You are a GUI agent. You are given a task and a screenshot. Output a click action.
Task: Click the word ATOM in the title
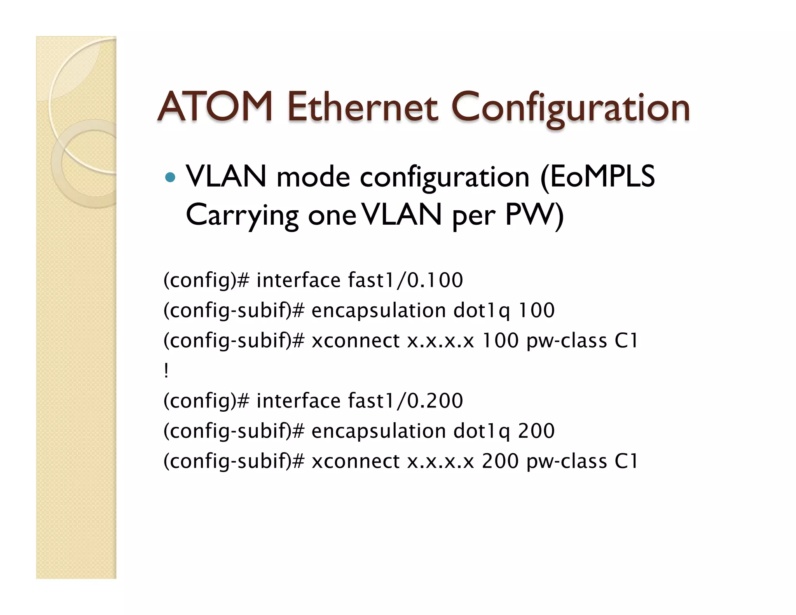pyautogui.click(x=215, y=107)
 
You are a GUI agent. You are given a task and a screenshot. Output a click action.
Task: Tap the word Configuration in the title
pyautogui.click(x=570, y=108)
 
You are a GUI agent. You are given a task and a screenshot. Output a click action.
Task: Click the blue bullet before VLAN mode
pyautogui.click(x=170, y=178)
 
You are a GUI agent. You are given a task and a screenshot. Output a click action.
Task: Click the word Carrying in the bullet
pyautogui.click(x=242, y=215)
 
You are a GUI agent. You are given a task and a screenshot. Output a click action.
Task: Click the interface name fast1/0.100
pyautogui.click(x=405, y=280)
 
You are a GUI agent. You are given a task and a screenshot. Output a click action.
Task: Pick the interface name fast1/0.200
pyautogui.click(x=405, y=401)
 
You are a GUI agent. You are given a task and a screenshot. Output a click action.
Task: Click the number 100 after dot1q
pyautogui.click(x=537, y=310)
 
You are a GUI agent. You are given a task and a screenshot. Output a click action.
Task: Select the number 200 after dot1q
pyautogui.click(x=537, y=431)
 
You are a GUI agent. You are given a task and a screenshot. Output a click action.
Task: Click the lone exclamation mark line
pyautogui.click(x=166, y=370)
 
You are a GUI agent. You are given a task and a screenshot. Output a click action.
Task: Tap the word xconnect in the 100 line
pyautogui.click(x=356, y=341)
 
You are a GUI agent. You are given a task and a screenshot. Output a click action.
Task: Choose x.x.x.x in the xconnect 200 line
pyautogui.click(x=441, y=461)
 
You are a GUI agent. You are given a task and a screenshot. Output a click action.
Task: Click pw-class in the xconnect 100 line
pyautogui.click(x=567, y=341)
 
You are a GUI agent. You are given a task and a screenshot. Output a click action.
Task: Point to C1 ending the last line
pyautogui.click(x=626, y=461)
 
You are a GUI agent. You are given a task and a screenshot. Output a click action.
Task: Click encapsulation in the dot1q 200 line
pyautogui.click(x=379, y=431)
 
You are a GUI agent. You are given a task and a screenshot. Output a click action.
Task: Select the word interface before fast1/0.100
pyautogui.click(x=298, y=280)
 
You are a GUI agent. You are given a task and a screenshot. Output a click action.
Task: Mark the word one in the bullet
pyautogui.click(x=332, y=216)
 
